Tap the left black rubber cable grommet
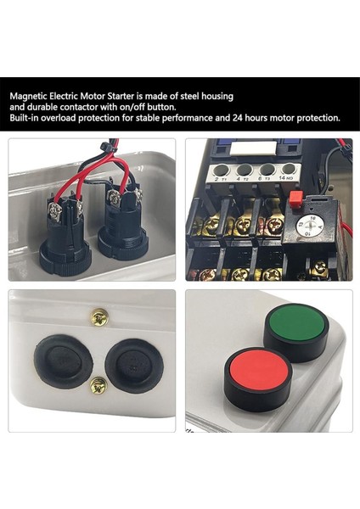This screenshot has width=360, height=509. [64, 361]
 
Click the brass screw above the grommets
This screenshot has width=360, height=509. [98, 317]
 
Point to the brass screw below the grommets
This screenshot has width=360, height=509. [98, 386]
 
